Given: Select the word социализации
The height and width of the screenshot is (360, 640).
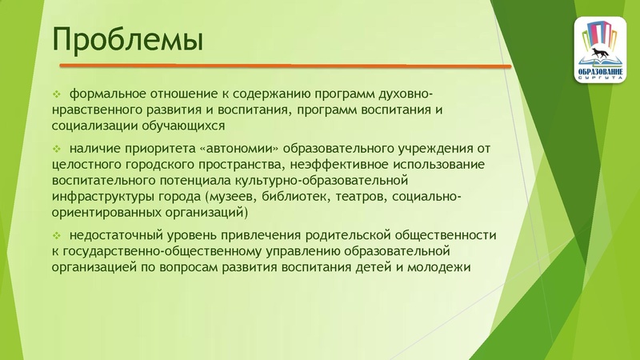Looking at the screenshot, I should pos(93,126).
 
